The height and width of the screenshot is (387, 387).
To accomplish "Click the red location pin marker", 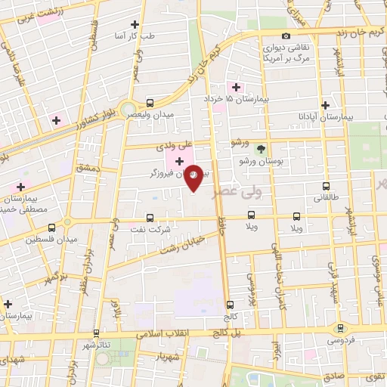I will pyautogui.click(x=194, y=177).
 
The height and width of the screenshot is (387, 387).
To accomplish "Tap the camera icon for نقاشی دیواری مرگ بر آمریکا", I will pyautogui.click(x=286, y=36).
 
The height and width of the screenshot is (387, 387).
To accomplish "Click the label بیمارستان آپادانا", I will pyautogui.click(x=327, y=117).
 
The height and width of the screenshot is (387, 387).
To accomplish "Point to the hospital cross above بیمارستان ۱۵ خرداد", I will pyautogui.click(x=237, y=87).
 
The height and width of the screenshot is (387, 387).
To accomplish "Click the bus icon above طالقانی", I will pyautogui.click(x=326, y=186).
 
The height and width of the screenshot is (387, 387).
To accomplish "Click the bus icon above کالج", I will pyautogui.click(x=230, y=304).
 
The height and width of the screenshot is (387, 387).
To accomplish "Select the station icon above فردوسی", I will pyautogui.click(x=339, y=328).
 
